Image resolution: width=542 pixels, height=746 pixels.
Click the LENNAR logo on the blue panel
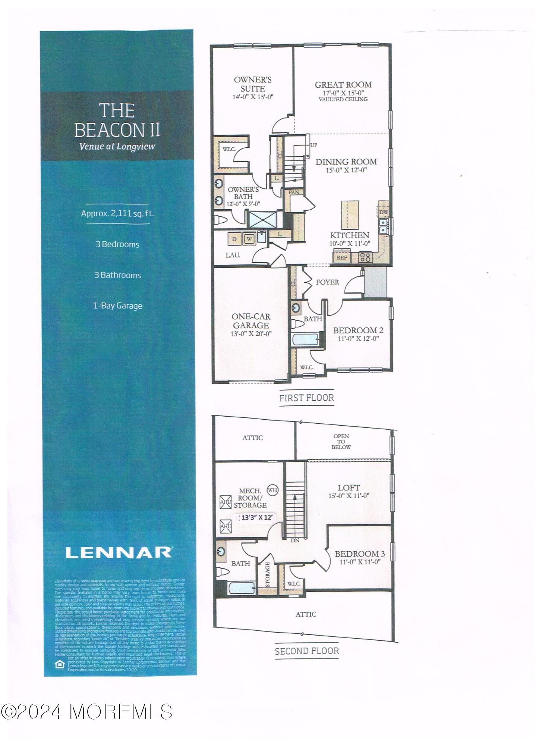pyautogui.click(x=119, y=552)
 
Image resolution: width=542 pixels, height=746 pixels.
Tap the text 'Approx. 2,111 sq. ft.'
pyautogui.click(x=117, y=214)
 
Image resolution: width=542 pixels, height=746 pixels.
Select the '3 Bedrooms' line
pyautogui.click(x=117, y=245)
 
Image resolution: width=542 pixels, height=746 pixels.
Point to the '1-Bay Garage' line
pyautogui.click(x=117, y=306)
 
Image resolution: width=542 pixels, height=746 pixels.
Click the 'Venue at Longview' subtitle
pyautogui.click(x=117, y=146)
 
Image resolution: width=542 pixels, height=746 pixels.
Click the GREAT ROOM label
pyautogui.click(x=343, y=85)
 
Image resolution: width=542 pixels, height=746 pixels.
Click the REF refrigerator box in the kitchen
pyautogui.click(x=342, y=257)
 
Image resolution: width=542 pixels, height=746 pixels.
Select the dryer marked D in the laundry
pyautogui.click(x=234, y=239)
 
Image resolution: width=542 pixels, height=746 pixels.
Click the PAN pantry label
pyautogui.click(x=294, y=192)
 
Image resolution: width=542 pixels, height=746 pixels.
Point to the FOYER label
pyautogui.click(x=327, y=282)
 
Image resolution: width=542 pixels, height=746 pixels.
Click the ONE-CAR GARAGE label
pyautogui.click(x=251, y=321)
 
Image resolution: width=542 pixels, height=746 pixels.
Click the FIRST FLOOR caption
pyautogui.click(x=306, y=398)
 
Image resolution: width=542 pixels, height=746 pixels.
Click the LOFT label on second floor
pyautogui.click(x=349, y=488)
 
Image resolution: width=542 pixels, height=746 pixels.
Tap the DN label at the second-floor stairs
pyautogui.click(x=295, y=540)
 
